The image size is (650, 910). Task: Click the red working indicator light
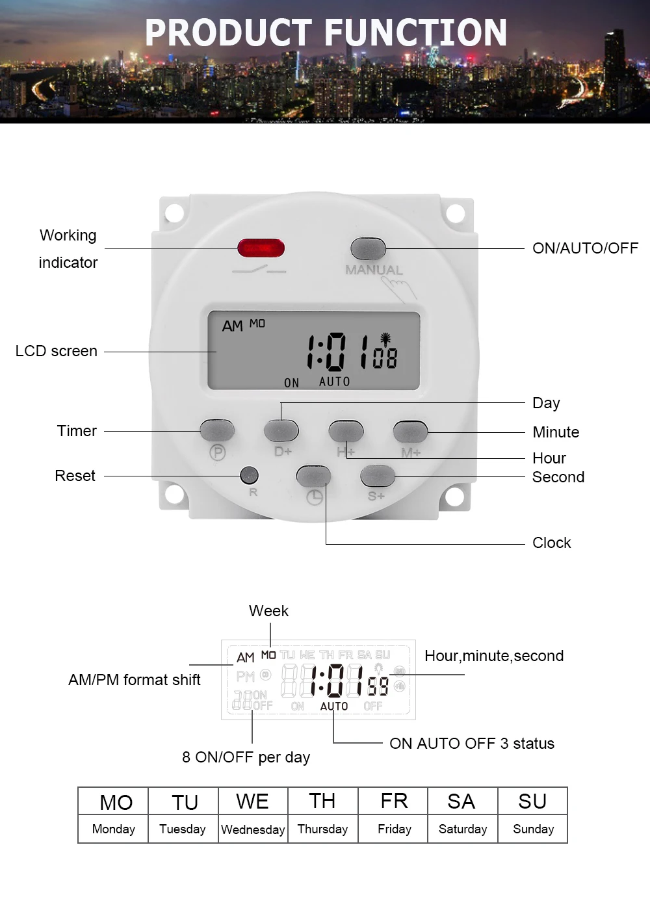pyautogui.click(x=261, y=248)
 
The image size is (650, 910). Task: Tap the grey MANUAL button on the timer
pyautogui.click(x=368, y=248)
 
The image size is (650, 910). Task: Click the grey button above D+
pyautogui.click(x=281, y=430)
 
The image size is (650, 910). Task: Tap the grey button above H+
pyautogui.click(x=346, y=430)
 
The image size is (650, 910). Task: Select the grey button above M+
pyautogui.click(x=410, y=431)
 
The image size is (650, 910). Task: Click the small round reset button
pyautogui.click(x=249, y=475)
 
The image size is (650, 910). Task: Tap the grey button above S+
pyautogui.click(x=378, y=476)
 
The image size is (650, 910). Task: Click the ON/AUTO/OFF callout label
pyautogui.click(x=586, y=248)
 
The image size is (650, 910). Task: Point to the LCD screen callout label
pyautogui.click(x=57, y=351)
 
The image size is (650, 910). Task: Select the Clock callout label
pyautogui.click(x=552, y=543)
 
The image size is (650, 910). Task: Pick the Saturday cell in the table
pyautogui.click(x=463, y=829)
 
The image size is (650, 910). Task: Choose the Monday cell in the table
pyautogui.click(x=113, y=829)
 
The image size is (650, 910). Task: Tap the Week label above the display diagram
pyautogui.click(x=269, y=611)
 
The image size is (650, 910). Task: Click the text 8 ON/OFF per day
pyautogui.click(x=246, y=757)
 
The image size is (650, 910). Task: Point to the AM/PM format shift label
pyautogui.click(x=135, y=680)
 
